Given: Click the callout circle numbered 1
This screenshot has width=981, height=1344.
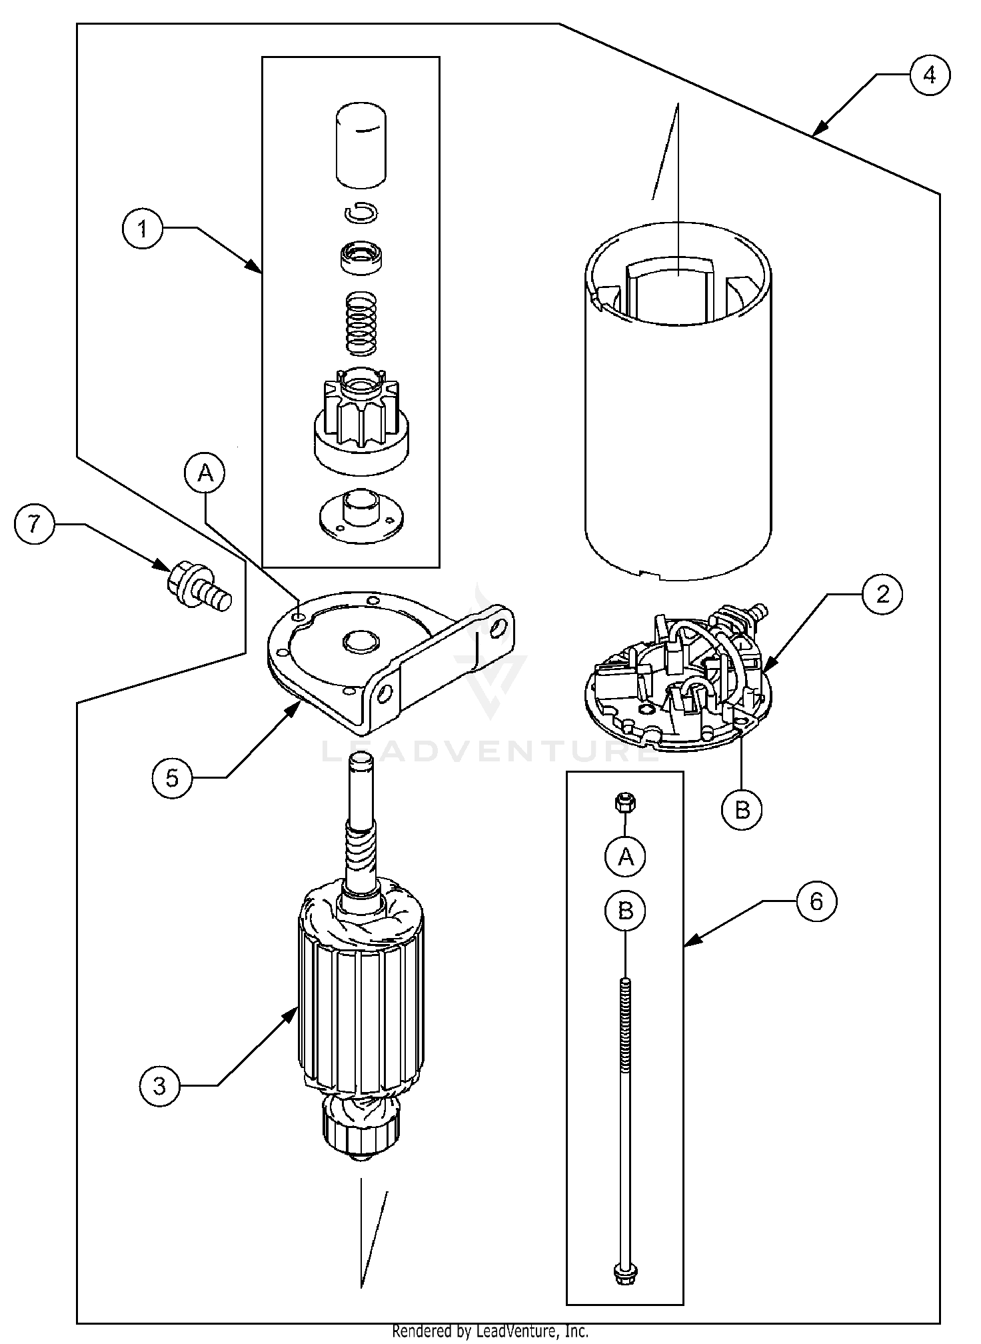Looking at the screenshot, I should [142, 229].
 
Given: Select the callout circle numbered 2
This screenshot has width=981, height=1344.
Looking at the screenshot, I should [882, 593].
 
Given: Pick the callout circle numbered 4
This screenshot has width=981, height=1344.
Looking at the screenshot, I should [929, 75].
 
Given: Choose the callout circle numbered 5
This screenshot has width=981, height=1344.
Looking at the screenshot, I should [172, 777].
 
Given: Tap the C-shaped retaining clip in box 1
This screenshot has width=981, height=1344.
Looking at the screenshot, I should [362, 213].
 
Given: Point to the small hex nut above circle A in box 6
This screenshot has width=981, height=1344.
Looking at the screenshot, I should [624, 803].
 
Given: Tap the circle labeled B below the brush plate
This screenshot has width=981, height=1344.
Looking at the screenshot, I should [742, 809].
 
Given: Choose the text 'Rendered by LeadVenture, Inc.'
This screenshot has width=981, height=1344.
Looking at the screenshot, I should [490, 1332].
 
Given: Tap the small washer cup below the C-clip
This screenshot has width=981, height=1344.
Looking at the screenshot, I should [362, 257].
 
